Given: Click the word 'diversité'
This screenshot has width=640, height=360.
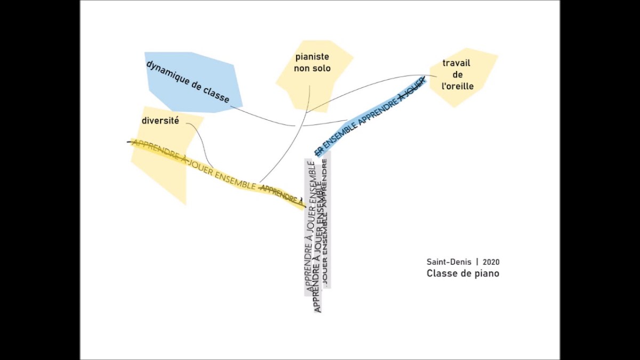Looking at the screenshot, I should pyautogui.click(x=160, y=121).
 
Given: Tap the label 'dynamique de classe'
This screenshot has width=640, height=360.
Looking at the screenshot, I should pyautogui.click(x=188, y=82).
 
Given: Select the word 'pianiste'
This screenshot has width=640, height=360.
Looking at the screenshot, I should pyautogui.click(x=312, y=57).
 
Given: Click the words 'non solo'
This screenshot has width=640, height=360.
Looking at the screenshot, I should pyautogui.click(x=312, y=69).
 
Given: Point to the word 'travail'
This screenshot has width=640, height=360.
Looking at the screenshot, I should pyautogui.click(x=457, y=63).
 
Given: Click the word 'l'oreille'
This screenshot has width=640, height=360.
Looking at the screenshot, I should pyautogui.click(x=458, y=86).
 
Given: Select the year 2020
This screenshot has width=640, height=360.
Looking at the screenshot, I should pyautogui.click(x=491, y=262).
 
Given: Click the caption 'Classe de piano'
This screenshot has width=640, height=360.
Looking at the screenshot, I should pyautogui.click(x=463, y=274).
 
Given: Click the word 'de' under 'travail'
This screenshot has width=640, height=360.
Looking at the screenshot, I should pyautogui.click(x=457, y=75).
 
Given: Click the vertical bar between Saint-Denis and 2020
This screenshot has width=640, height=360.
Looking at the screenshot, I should pyautogui.click(x=477, y=262).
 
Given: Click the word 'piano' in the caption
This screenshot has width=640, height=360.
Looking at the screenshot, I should pyautogui.click(x=487, y=274).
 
